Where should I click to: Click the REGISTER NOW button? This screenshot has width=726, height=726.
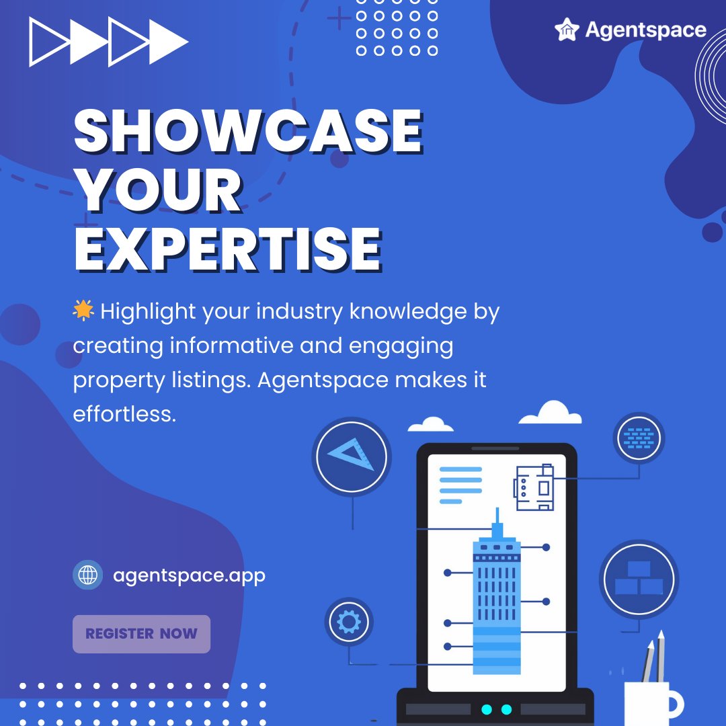[x=141, y=634]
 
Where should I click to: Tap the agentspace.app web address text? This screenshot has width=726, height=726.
[x=189, y=575]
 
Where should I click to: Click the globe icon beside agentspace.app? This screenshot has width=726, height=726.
[x=87, y=575]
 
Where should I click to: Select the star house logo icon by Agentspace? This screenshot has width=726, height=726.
[x=567, y=30]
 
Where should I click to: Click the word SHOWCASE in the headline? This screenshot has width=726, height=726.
[x=247, y=131]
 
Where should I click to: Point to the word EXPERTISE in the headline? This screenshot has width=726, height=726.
[x=227, y=249]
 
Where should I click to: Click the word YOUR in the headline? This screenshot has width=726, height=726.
[x=159, y=190]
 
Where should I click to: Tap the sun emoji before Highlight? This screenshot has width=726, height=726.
[x=83, y=311]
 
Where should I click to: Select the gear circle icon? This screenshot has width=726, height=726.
[x=348, y=622]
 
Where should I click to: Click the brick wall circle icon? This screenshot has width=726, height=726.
[x=638, y=438]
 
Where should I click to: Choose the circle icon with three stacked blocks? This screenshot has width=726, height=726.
[x=638, y=579]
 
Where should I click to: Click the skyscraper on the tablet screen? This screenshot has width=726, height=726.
[x=497, y=598]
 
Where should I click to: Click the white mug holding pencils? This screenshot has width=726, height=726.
[x=649, y=702]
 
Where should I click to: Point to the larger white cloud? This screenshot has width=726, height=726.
[x=551, y=413]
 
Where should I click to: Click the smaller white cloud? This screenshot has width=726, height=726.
[x=430, y=424]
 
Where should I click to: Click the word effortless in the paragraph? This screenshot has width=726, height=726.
[x=124, y=414]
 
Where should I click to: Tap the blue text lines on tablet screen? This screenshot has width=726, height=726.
[x=460, y=485]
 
